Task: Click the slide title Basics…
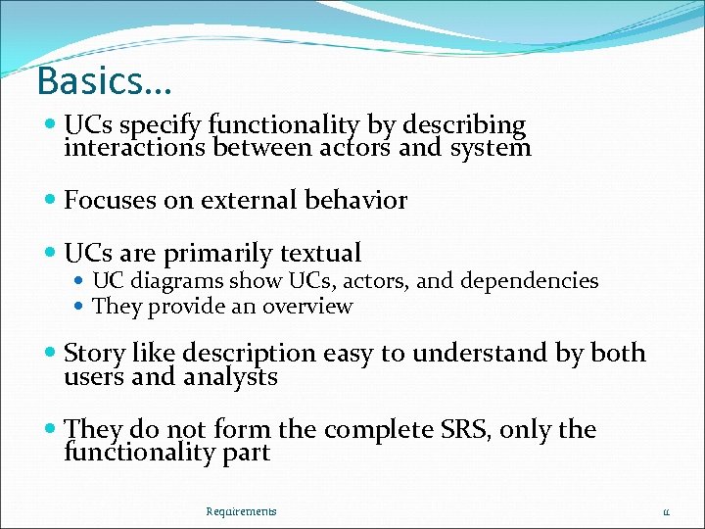[x=103, y=81]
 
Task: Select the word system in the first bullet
[x=490, y=148]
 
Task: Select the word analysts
[x=230, y=376]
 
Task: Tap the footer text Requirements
[x=241, y=511]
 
